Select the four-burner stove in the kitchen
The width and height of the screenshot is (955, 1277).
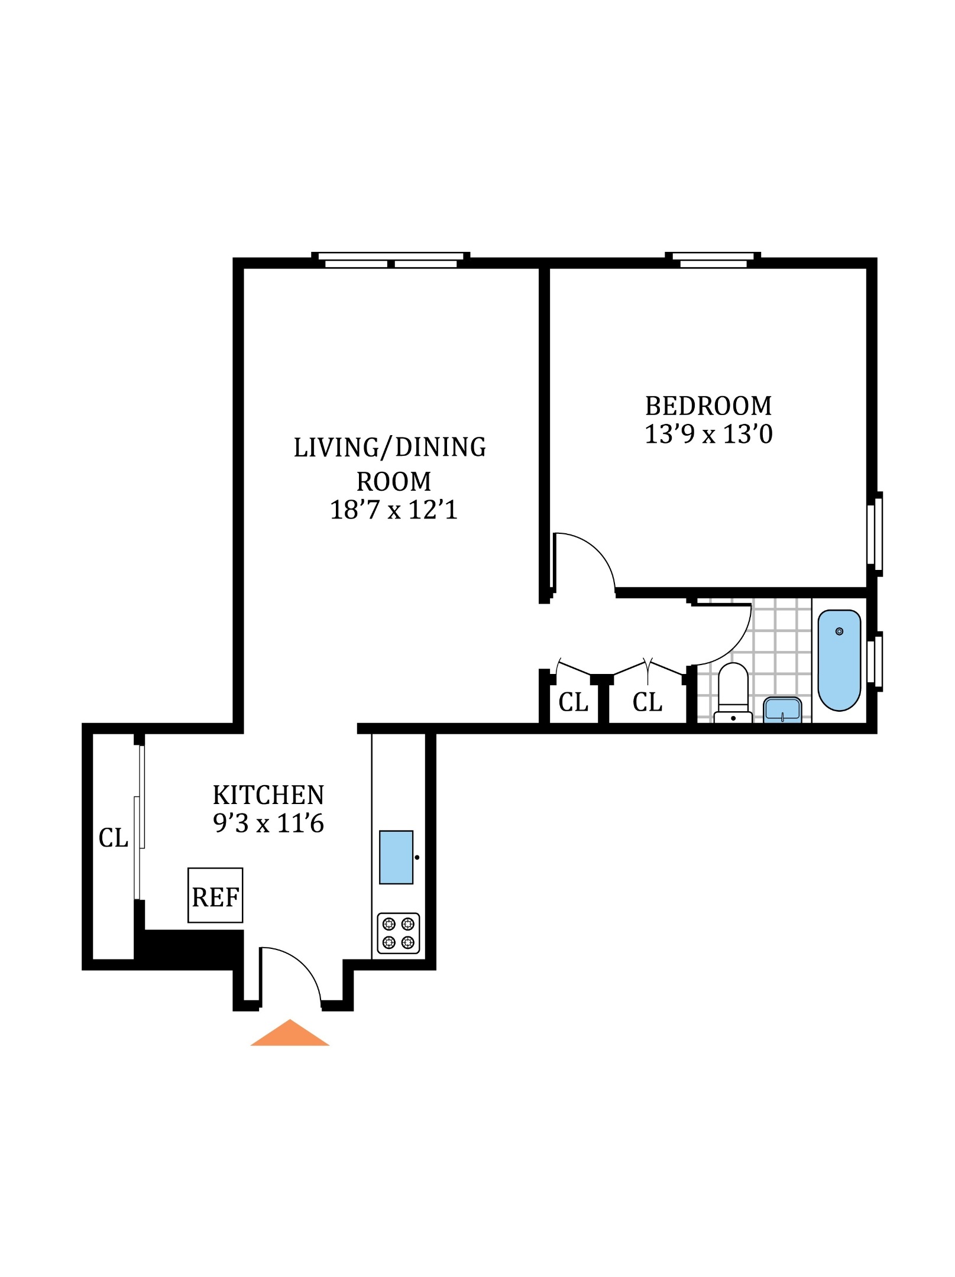pos(398,933)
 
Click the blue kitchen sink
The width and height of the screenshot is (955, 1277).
pos(396,857)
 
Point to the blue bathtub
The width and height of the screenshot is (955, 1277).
pos(839,660)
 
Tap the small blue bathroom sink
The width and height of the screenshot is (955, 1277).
pos(782,710)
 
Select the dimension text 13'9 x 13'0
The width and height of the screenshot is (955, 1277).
pos(708,435)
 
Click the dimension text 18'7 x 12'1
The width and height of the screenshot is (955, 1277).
pos(394,510)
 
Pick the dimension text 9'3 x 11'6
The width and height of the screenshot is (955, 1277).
pos(268,824)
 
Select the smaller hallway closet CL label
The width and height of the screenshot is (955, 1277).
pos(573,702)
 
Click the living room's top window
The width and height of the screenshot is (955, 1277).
pos(391,260)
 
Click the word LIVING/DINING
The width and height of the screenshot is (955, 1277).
pos(390,448)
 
